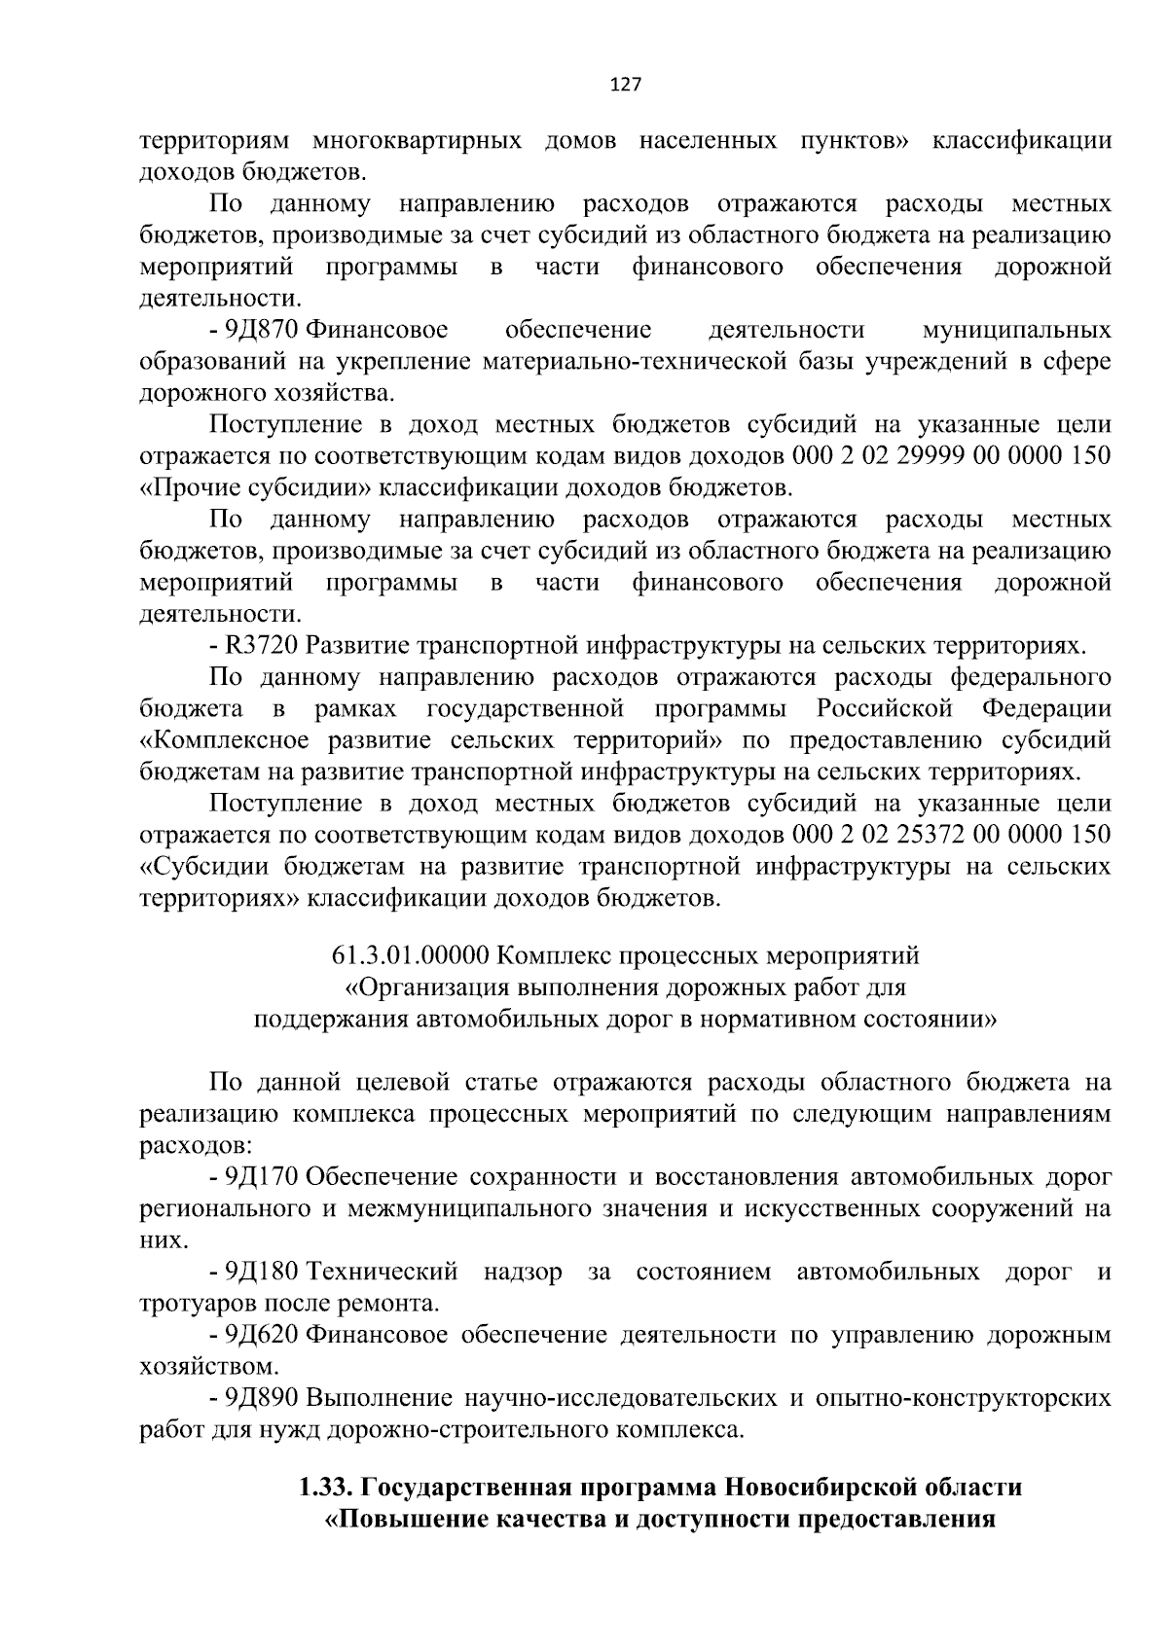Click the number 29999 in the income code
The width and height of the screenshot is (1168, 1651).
click(905, 456)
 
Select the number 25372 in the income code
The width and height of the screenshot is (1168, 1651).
click(905, 835)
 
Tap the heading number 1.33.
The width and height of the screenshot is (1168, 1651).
click(326, 1488)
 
